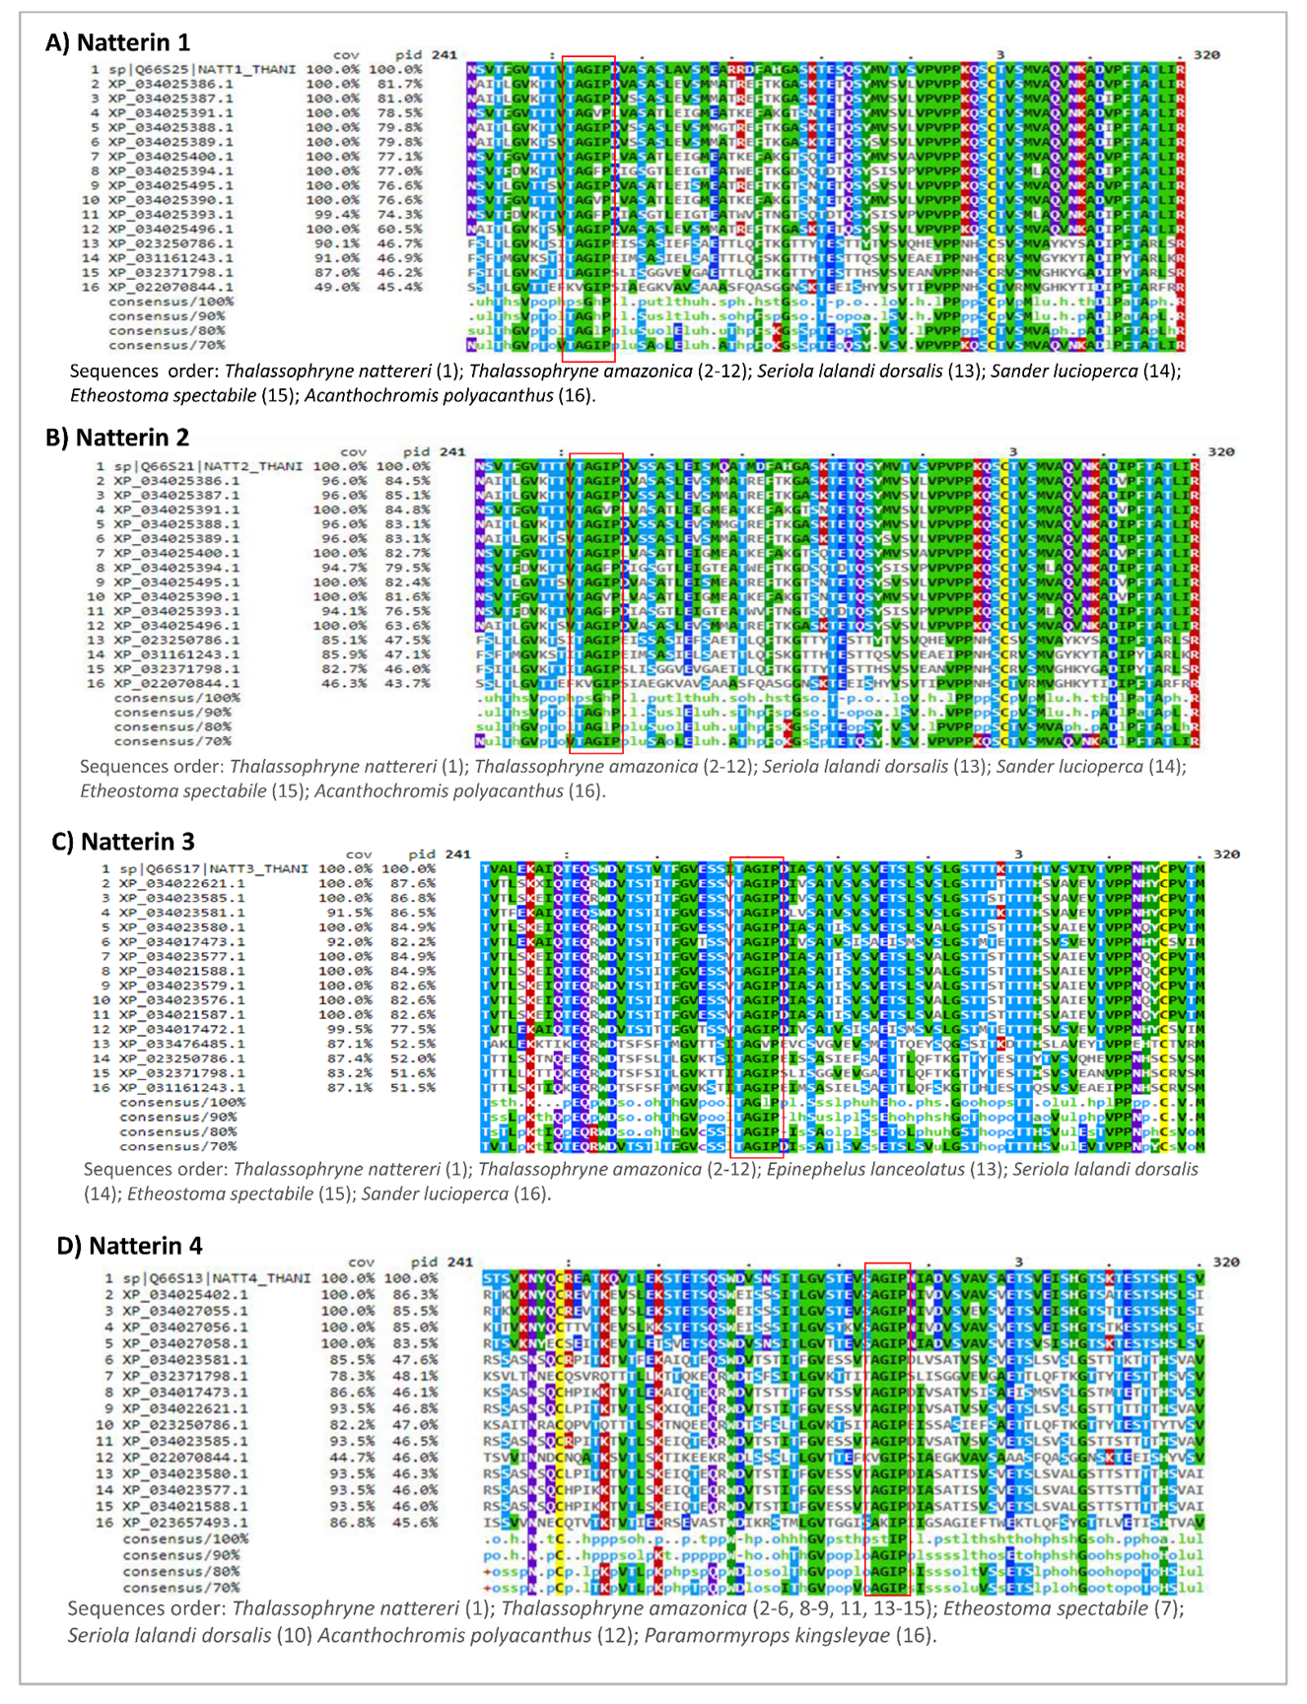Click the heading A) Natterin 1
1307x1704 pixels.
click(118, 42)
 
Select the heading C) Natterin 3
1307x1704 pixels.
click(123, 841)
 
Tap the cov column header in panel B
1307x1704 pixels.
click(353, 451)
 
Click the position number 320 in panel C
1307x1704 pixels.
click(1225, 854)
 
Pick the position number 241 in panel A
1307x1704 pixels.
click(445, 55)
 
